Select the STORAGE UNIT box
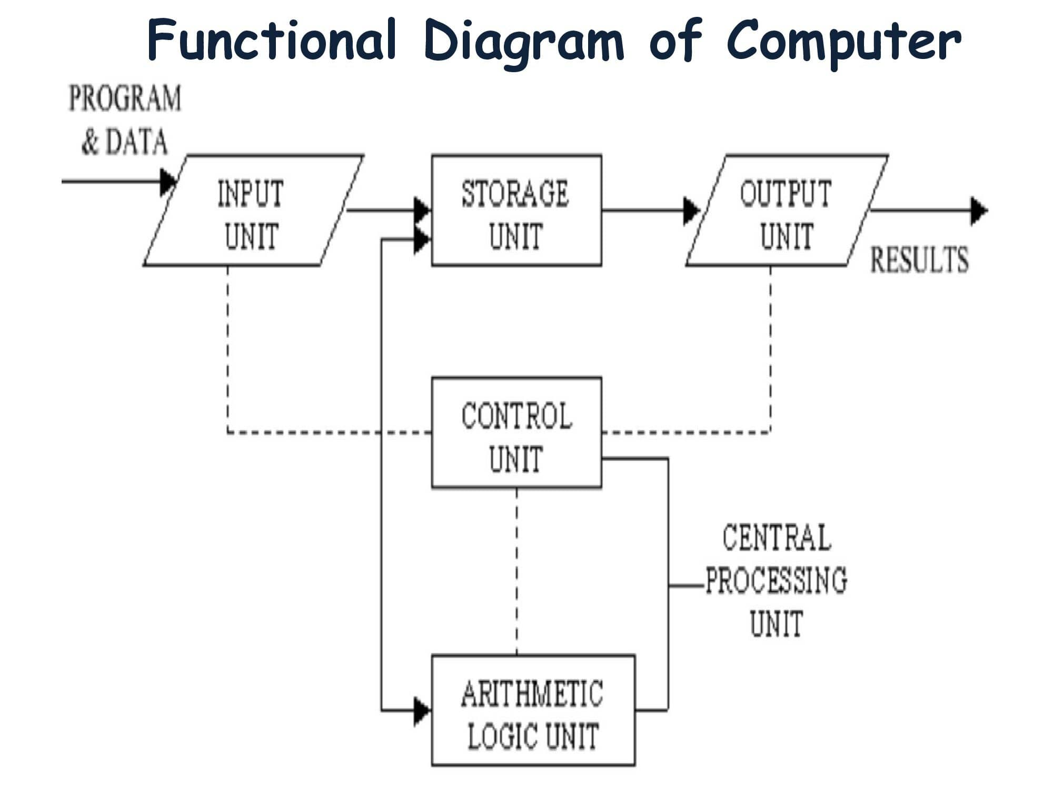tap(516, 211)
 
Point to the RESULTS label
tap(919, 260)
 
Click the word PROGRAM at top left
tap(125, 99)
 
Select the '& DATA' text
tap(125, 142)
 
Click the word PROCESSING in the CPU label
tap(777, 580)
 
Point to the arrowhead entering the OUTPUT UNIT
tap(691, 211)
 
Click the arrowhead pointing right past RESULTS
tap(978, 211)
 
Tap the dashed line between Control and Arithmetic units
tap(516, 571)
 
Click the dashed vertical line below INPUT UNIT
tap(227, 348)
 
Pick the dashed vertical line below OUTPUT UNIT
tap(770, 348)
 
